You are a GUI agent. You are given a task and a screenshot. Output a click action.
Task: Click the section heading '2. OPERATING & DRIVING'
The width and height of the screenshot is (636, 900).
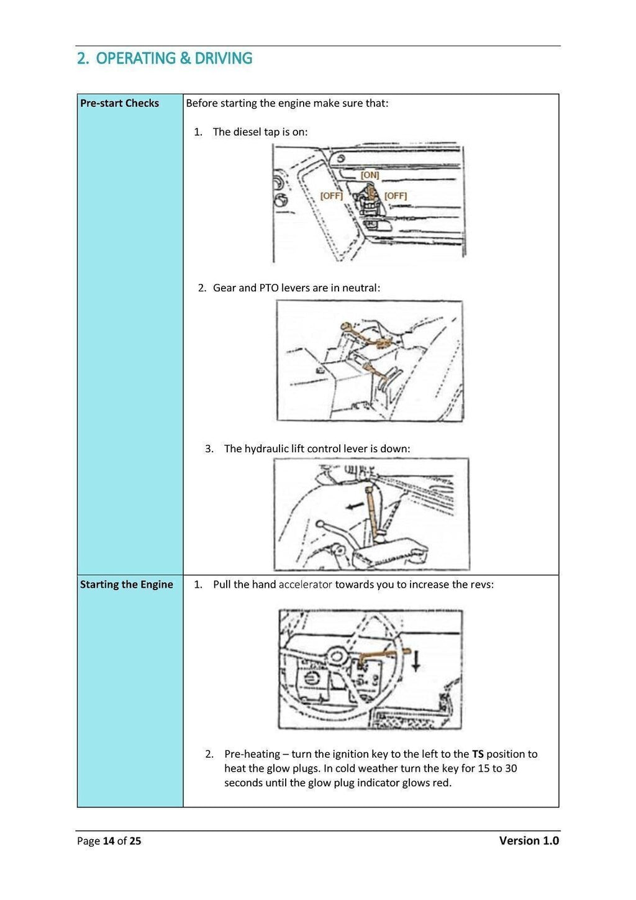pos(165,58)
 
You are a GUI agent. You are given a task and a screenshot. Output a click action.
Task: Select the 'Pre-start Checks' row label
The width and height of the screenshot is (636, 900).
pos(119,103)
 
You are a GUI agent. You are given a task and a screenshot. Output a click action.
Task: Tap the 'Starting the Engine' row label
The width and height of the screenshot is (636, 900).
pos(126,584)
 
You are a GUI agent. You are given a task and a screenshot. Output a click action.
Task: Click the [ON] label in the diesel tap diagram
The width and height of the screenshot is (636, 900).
pos(370,175)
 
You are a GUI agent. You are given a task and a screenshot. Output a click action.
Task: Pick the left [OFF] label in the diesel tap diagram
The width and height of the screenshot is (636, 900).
pos(331,196)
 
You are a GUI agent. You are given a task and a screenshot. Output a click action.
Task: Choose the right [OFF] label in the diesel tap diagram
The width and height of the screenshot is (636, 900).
pos(396,196)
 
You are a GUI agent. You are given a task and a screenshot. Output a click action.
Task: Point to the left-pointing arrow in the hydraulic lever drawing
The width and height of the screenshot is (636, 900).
pos(355,506)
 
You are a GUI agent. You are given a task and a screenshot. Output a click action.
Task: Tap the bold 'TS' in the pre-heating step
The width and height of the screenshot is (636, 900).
pos(478,754)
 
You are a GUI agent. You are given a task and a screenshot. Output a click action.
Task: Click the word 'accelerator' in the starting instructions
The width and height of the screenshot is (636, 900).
pos(305,584)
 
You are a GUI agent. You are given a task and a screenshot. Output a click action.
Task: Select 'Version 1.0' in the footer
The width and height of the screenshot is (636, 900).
pos(529,840)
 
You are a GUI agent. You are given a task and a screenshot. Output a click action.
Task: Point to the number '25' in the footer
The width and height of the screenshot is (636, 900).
pos(135,841)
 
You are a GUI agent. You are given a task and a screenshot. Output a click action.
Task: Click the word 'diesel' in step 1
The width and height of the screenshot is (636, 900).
pos(248,132)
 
